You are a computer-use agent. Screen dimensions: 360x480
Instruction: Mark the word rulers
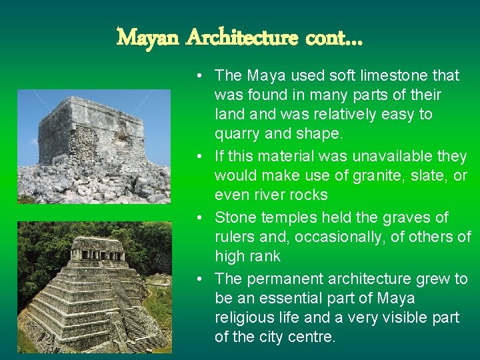(x=233, y=237)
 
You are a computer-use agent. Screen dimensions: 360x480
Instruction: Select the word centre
(x=312, y=337)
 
